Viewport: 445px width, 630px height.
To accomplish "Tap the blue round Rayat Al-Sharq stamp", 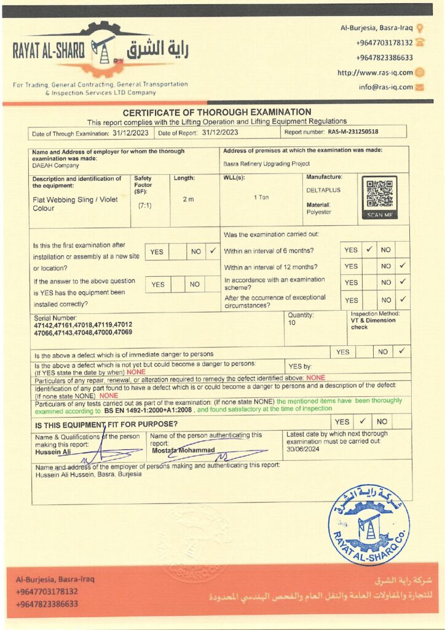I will (x=368, y=524).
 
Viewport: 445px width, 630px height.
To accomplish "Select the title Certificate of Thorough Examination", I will (x=217, y=112).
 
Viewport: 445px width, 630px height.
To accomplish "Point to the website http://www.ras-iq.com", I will (x=375, y=73).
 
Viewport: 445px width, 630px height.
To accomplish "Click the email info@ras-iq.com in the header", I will (x=386, y=87).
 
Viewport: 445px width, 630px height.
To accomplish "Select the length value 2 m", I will (x=188, y=199).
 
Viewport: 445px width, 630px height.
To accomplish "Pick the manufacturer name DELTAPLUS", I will (x=323, y=190).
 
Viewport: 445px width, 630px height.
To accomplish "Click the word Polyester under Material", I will (x=318, y=212).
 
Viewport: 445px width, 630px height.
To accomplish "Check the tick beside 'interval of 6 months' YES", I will (x=369, y=250).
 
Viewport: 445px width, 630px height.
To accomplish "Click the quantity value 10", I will (x=291, y=322).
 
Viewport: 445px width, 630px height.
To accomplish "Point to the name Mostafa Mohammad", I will (x=183, y=450).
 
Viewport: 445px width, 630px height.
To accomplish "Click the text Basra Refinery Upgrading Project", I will (x=267, y=164).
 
